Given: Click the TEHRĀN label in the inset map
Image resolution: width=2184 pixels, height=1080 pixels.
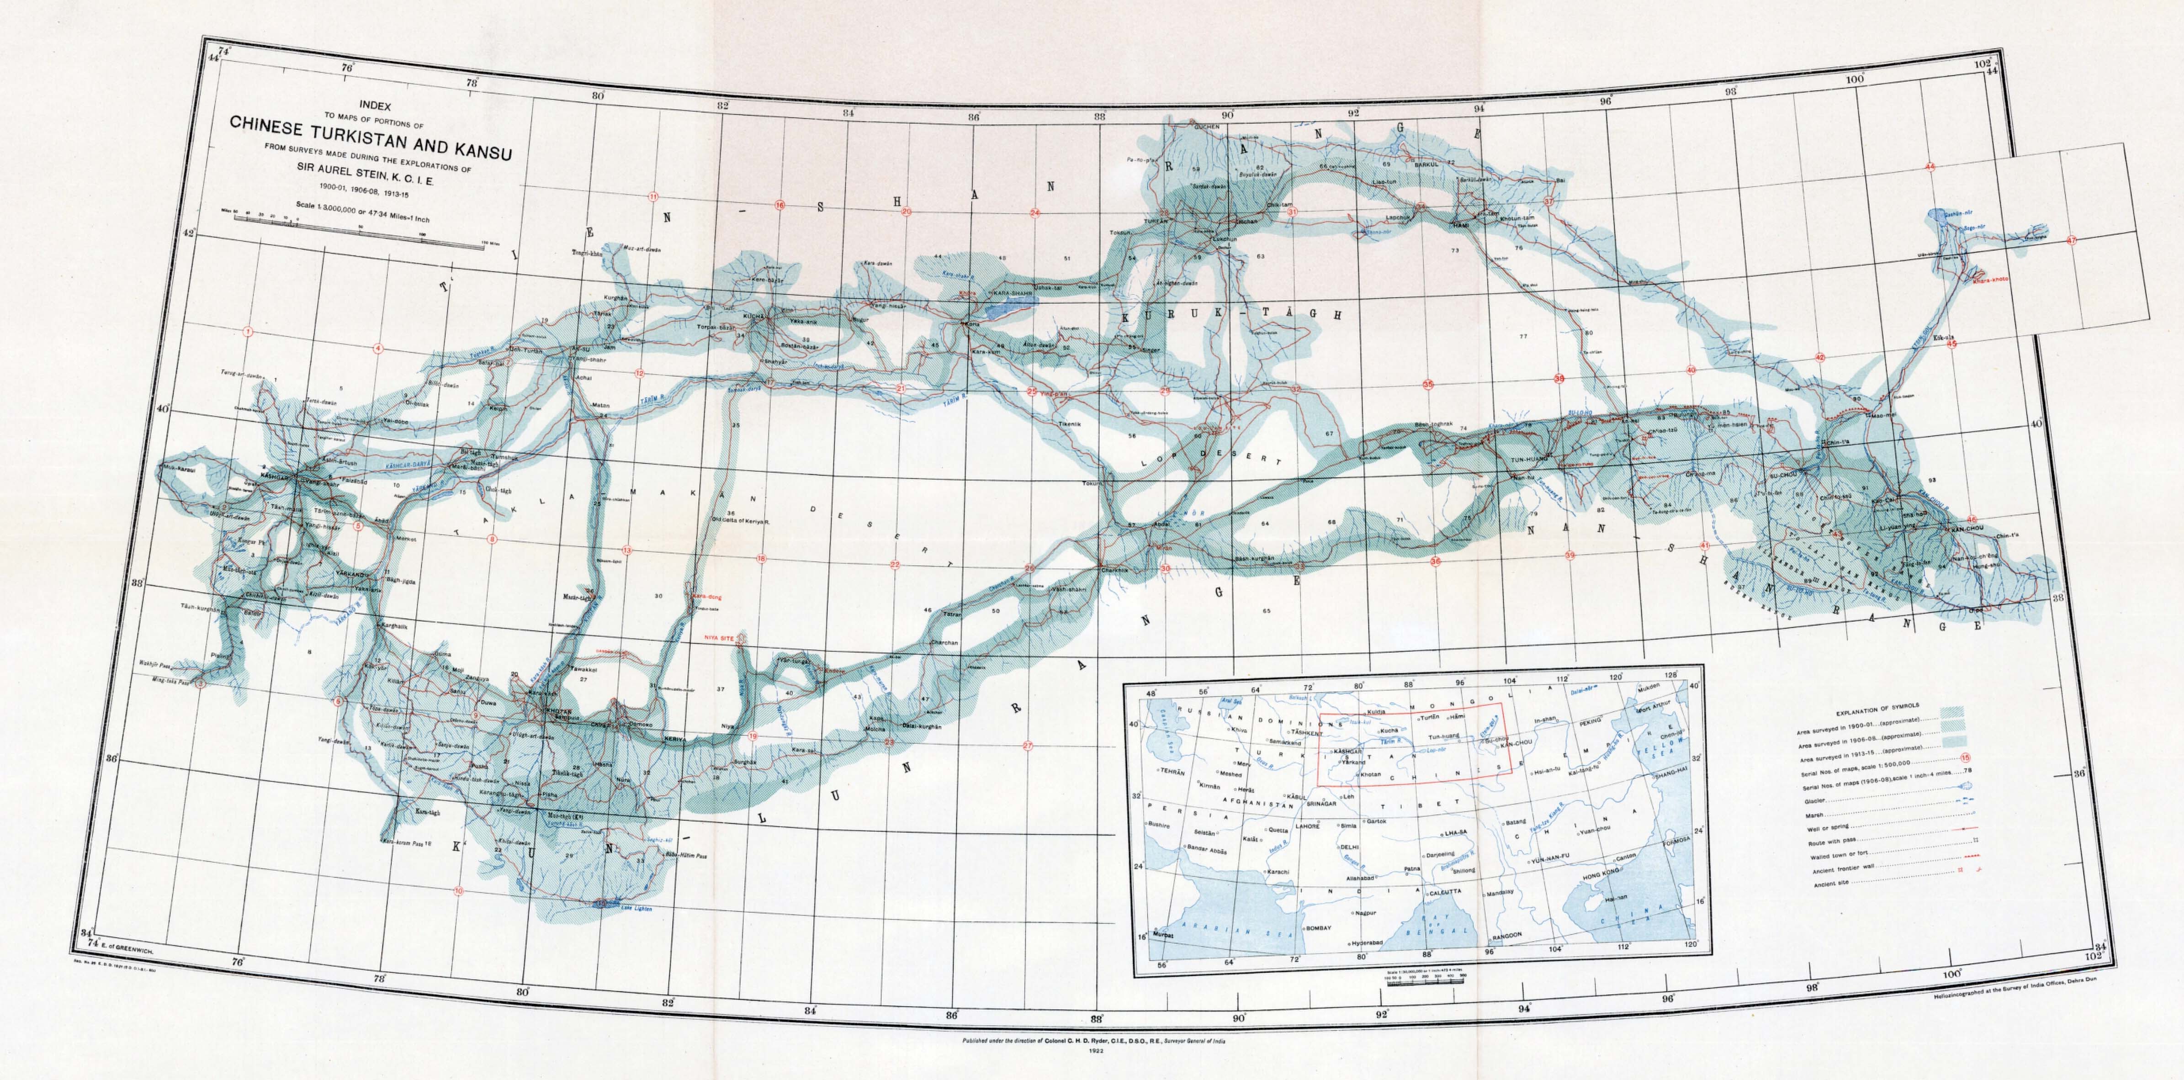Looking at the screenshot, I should click(x=1172, y=772).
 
